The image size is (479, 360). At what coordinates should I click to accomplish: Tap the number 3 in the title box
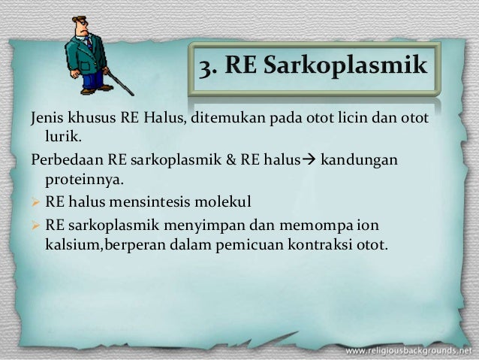[204, 66]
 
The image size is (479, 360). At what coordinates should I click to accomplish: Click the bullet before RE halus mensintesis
[35, 202]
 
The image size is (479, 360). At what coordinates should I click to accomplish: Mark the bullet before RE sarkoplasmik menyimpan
[35, 224]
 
